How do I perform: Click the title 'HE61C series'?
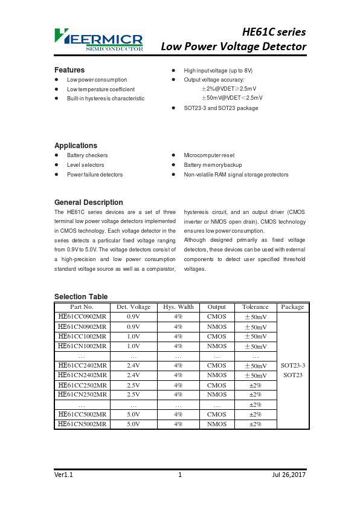coord(274,32)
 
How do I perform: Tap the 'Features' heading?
coord(69,70)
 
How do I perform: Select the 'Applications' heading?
coord(76,146)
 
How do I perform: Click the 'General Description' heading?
coord(88,203)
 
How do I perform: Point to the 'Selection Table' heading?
coord(81,297)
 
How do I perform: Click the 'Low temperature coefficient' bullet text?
coord(100,89)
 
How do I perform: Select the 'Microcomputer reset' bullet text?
coord(209,155)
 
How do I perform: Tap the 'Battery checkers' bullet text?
coord(87,155)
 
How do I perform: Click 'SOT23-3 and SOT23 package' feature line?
coord(220,108)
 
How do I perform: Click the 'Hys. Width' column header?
coord(178,307)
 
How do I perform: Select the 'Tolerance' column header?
coord(255,307)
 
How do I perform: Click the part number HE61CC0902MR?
coord(82,317)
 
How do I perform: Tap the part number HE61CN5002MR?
coord(82,424)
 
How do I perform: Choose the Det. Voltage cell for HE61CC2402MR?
coord(133,366)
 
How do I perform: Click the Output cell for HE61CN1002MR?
coord(217,346)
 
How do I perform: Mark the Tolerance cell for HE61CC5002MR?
coord(255,415)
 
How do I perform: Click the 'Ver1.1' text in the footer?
coord(63,475)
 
